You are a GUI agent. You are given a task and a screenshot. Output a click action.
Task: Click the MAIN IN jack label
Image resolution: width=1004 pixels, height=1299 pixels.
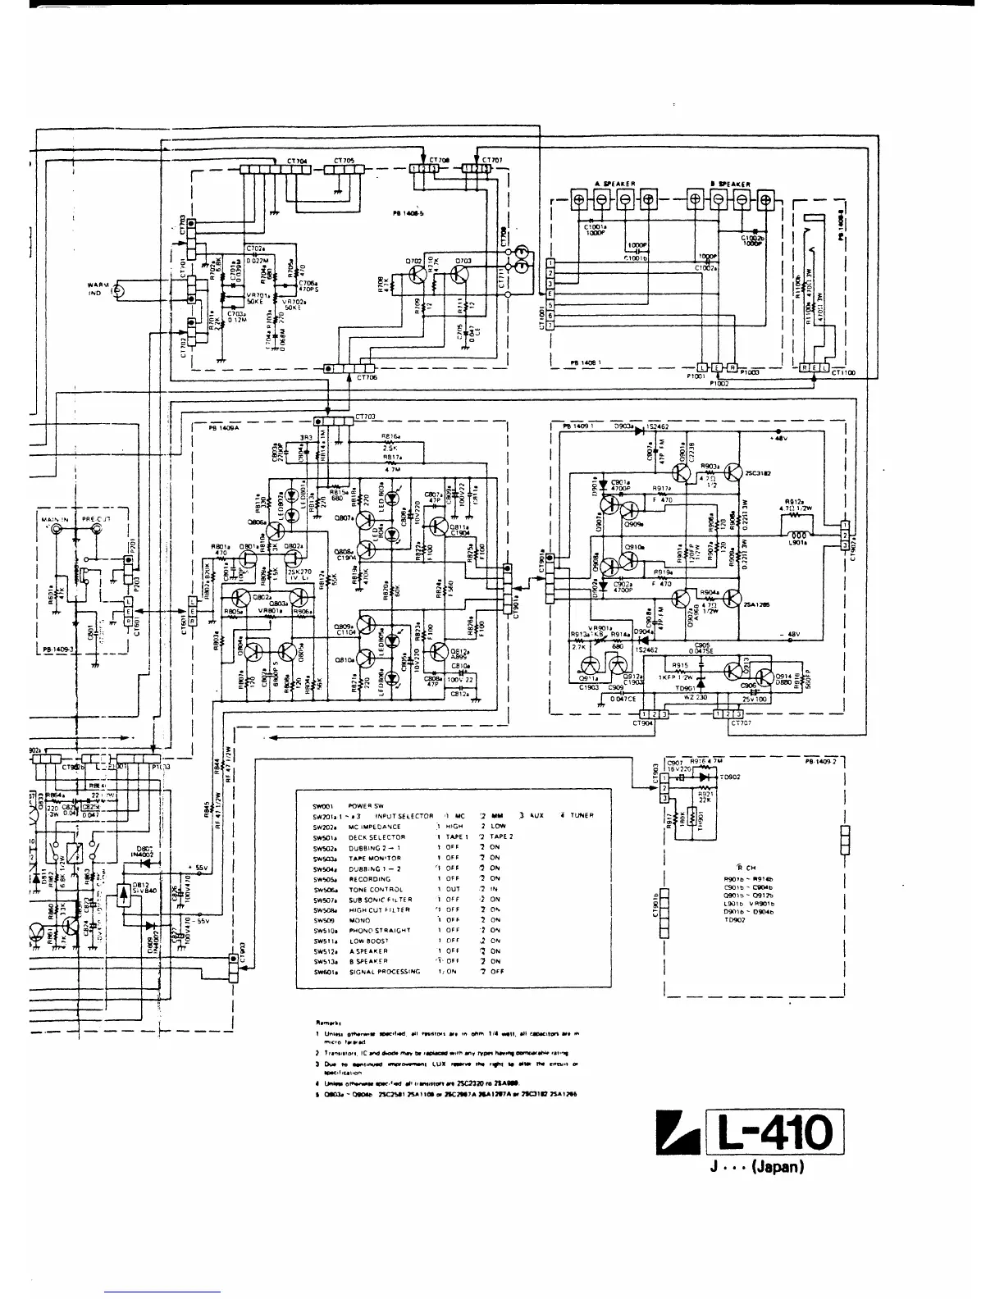click(53, 519)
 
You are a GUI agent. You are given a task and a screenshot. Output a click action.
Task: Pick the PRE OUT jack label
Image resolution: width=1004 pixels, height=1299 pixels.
click(98, 519)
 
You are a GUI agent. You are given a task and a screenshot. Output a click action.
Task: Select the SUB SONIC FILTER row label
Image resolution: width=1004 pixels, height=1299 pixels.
click(378, 900)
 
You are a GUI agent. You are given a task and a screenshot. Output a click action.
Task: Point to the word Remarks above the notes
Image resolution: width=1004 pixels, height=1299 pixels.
click(327, 1023)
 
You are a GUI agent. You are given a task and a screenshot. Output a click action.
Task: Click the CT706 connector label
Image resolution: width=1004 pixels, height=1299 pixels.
click(367, 378)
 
